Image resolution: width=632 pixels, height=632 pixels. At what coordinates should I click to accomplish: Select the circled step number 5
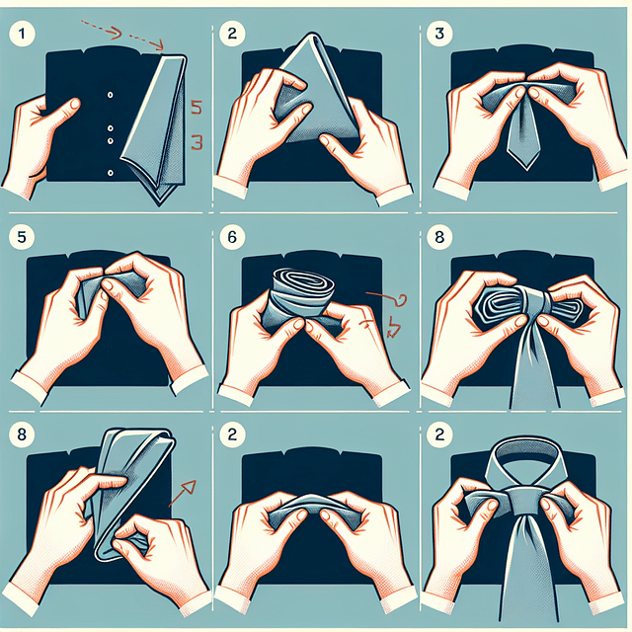tap(19, 238)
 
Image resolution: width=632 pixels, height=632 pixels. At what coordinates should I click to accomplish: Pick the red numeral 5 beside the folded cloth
tap(196, 106)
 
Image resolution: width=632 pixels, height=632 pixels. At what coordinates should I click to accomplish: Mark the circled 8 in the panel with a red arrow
tap(19, 434)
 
